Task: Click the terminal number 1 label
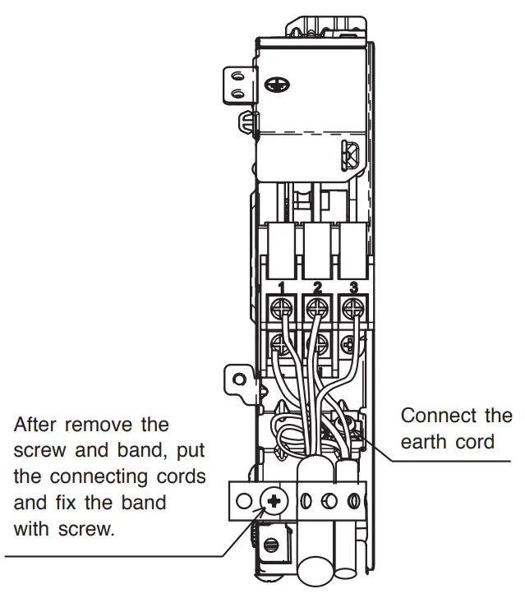[281, 288]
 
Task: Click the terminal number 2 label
[317, 288]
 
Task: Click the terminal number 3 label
[353, 288]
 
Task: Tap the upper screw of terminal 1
[281, 309]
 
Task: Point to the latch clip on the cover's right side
[348, 154]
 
